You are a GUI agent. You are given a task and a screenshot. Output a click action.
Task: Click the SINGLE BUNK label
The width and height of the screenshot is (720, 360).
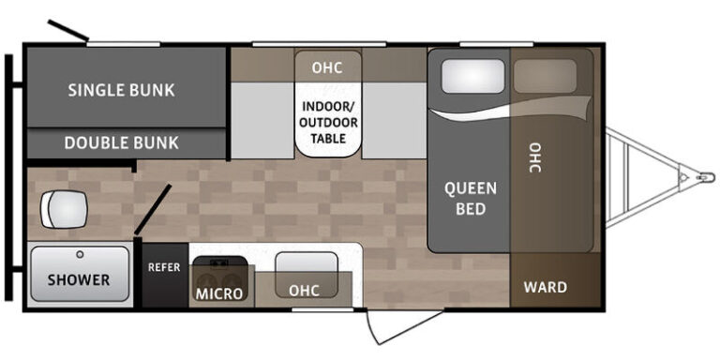[x=121, y=90]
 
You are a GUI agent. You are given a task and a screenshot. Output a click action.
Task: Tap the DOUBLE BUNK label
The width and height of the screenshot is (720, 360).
[x=121, y=142]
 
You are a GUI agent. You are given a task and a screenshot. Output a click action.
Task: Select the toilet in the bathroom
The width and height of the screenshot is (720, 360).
[x=64, y=209]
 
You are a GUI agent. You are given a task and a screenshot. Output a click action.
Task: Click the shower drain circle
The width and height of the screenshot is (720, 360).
[x=81, y=254]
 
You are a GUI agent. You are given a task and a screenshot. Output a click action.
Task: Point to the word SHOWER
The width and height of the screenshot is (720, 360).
[x=79, y=279]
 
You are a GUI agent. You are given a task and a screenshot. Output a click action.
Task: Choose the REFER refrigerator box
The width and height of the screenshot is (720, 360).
[x=165, y=275]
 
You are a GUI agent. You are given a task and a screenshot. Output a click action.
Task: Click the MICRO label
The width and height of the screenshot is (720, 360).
[x=219, y=293]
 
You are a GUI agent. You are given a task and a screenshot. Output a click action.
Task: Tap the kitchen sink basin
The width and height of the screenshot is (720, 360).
[x=307, y=275]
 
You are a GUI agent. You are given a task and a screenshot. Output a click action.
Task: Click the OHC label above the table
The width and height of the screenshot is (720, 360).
[x=327, y=67]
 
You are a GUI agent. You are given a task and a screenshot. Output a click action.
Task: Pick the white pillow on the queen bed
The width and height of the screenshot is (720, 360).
[x=472, y=76]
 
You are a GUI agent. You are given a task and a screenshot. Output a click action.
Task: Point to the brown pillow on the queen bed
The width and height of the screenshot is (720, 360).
[x=545, y=76]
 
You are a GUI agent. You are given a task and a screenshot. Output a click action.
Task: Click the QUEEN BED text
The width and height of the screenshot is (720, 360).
[x=471, y=199]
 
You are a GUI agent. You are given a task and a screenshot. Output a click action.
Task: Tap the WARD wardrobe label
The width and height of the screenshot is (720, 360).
[x=546, y=288]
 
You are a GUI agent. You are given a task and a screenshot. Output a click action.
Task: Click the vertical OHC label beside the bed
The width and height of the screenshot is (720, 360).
[x=534, y=157]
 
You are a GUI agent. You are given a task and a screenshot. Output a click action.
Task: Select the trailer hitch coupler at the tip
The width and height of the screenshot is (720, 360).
[x=706, y=177]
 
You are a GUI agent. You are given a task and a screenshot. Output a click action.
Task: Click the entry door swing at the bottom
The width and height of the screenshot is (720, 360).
[x=404, y=327]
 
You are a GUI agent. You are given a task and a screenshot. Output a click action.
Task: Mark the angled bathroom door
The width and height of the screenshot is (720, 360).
[x=153, y=209]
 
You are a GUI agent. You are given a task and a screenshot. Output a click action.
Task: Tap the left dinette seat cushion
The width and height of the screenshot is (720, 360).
[x=256, y=120]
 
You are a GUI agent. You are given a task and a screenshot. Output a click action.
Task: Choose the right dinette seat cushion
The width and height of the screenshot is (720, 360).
[x=395, y=120]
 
